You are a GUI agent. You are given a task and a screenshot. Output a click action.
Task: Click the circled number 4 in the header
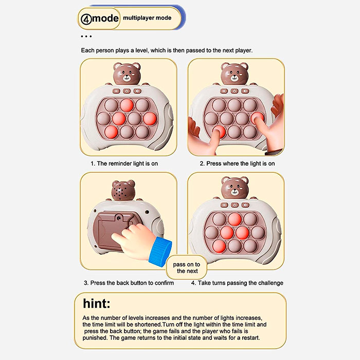(x=86, y=19)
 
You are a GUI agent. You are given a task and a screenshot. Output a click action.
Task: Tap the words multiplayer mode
(x=147, y=18)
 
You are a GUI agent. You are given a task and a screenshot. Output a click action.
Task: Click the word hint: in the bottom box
(x=97, y=303)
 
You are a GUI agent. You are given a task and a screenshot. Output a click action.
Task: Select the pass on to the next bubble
(x=186, y=267)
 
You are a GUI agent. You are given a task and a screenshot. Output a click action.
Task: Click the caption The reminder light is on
(x=124, y=164)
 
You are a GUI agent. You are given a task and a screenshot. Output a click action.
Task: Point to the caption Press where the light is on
(x=237, y=164)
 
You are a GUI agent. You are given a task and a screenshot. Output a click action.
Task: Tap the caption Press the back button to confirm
(x=129, y=283)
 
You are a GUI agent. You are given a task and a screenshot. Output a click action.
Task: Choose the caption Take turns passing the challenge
(x=237, y=283)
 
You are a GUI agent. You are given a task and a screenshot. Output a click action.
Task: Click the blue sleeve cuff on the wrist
(x=160, y=251)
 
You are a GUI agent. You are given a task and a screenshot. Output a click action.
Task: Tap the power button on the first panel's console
(x=127, y=91)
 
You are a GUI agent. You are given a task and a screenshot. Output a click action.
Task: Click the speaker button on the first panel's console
(x=137, y=91)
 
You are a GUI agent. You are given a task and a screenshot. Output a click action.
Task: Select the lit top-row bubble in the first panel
(x=127, y=105)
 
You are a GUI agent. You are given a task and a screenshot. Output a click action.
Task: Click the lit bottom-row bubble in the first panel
(x=111, y=132)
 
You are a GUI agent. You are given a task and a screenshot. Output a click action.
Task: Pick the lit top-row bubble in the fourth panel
(x=235, y=219)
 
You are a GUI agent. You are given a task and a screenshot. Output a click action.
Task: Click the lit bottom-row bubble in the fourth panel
(x=219, y=246)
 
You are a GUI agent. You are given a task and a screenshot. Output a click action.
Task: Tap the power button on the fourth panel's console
(x=235, y=205)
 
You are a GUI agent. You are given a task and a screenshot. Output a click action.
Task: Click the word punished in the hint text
(x=95, y=338)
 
